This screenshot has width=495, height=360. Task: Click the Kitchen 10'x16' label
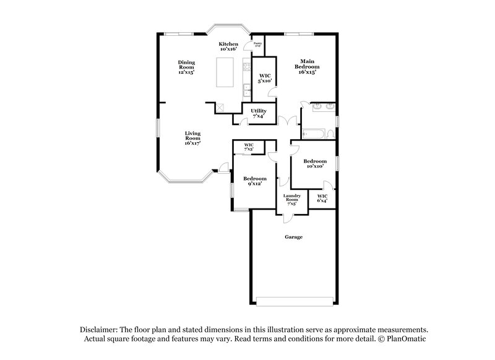coord(228,46)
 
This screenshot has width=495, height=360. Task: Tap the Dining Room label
coord(186,67)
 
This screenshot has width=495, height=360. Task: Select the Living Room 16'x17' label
coord(192,138)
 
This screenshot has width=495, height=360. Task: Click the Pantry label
coord(258,45)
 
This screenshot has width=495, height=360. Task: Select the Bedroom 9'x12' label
coord(254,181)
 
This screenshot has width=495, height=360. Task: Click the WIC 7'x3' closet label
coord(249,147)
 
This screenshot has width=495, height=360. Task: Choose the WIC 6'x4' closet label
coord(322,198)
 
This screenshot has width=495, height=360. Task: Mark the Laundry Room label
coord(291,199)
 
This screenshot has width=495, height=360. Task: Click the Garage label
coord(293,237)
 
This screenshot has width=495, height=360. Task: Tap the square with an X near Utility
coord(220,108)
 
